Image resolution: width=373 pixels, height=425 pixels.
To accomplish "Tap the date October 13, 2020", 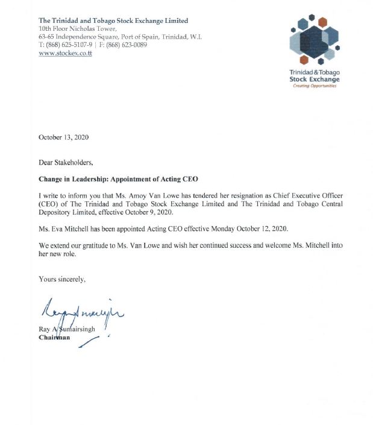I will (x=63, y=137).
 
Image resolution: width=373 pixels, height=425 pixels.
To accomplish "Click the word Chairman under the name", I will (x=54, y=338).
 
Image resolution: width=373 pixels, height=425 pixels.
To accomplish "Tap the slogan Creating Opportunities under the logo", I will (x=315, y=86).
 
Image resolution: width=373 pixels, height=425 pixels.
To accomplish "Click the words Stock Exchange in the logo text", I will (x=315, y=79).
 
